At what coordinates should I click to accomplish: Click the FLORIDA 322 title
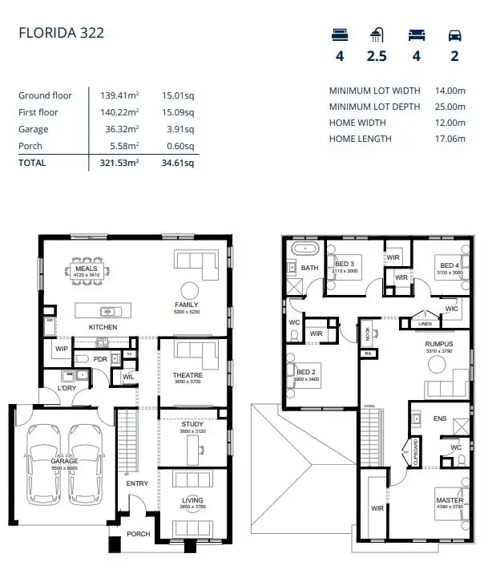pos(61,33)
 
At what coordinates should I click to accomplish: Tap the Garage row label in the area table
pos(34,129)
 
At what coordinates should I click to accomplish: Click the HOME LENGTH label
pos(361,139)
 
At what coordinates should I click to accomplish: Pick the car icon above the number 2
pos(454,35)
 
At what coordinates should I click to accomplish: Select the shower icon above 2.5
pos(377,35)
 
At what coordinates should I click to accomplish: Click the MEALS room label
pos(86,269)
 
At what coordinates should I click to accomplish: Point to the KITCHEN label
pos(103,327)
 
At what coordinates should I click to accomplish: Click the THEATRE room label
pos(188,375)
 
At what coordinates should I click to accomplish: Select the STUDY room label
pos(192,424)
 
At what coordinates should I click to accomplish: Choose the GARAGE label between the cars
pos(64,461)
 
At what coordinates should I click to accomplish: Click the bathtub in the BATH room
pos(305,248)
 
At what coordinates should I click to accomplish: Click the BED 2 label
pos(305,372)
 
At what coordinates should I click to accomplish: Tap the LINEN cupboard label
pos(425,324)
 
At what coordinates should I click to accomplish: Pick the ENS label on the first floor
pos(440,418)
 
